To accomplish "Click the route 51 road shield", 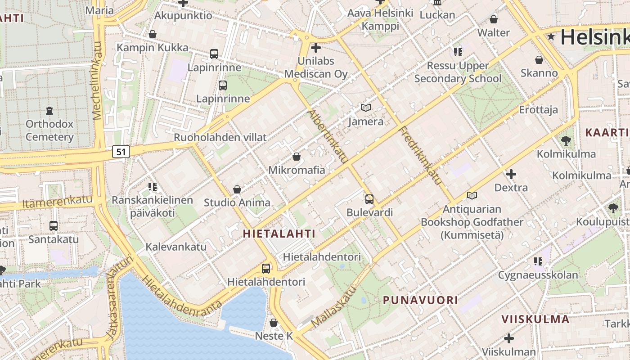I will [121, 152].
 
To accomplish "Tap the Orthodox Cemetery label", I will [49, 130].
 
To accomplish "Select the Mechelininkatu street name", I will [98, 81].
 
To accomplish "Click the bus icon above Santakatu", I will [54, 225].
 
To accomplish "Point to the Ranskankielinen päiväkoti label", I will [152, 206].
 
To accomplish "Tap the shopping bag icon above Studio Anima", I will [237, 189].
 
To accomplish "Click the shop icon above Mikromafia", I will [296, 157].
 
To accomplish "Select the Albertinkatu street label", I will [328, 136].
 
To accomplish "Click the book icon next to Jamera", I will [366, 108].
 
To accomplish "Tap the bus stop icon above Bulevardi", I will [369, 199].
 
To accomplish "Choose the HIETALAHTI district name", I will [279, 234].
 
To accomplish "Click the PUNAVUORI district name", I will [420, 300].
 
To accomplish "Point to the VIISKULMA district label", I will [535, 319].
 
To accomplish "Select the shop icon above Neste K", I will [274, 323].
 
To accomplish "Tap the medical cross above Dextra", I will [511, 174].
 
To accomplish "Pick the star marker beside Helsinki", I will [551, 37].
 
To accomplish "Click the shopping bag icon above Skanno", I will [539, 59].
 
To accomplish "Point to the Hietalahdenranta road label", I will [182, 292].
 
